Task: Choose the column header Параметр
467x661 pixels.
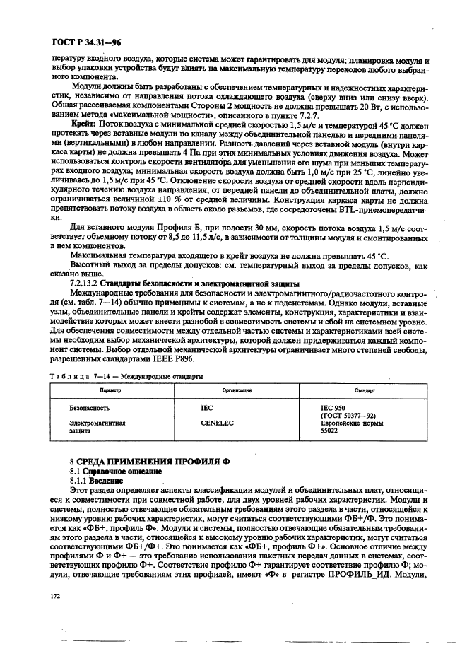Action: point(111,390)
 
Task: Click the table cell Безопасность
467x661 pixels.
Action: point(91,409)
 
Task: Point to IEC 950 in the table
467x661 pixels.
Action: point(334,409)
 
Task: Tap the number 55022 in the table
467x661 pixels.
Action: point(330,430)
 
